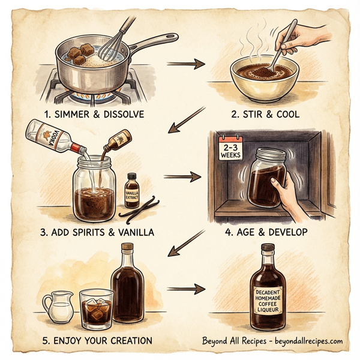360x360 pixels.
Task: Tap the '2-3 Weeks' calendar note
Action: (230, 150)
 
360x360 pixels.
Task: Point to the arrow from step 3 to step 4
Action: (183, 177)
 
